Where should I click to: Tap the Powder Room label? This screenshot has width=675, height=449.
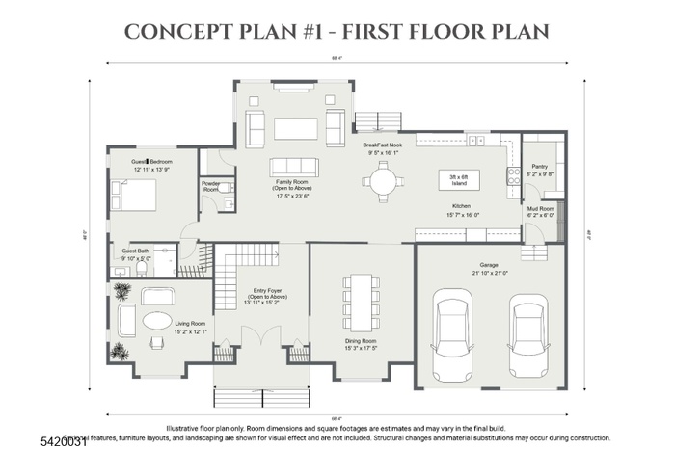coord(211,187)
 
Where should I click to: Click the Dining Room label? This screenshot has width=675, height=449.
coord(361,344)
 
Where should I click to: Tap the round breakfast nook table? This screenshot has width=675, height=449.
coord(383,180)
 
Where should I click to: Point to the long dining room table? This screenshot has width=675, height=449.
coord(360,301)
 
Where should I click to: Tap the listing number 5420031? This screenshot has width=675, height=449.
coord(32,439)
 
